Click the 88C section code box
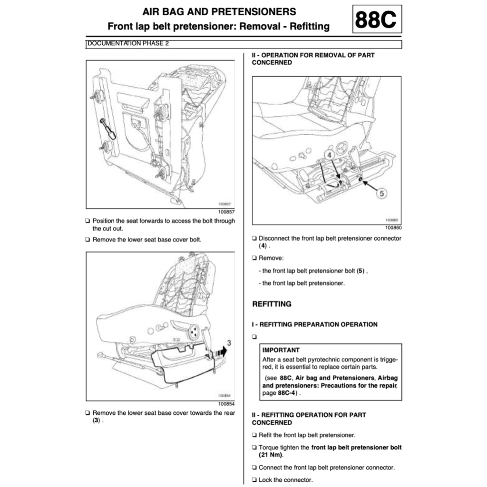(377, 19)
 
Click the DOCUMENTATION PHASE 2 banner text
(128, 44)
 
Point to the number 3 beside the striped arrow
(229, 342)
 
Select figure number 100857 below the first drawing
(225, 213)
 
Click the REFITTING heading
(272, 304)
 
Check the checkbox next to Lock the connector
(254, 480)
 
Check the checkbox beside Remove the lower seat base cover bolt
(88, 240)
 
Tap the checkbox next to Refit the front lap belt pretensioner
(254, 435)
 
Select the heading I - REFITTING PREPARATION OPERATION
(314, 324)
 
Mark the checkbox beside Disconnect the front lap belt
(254, 239)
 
